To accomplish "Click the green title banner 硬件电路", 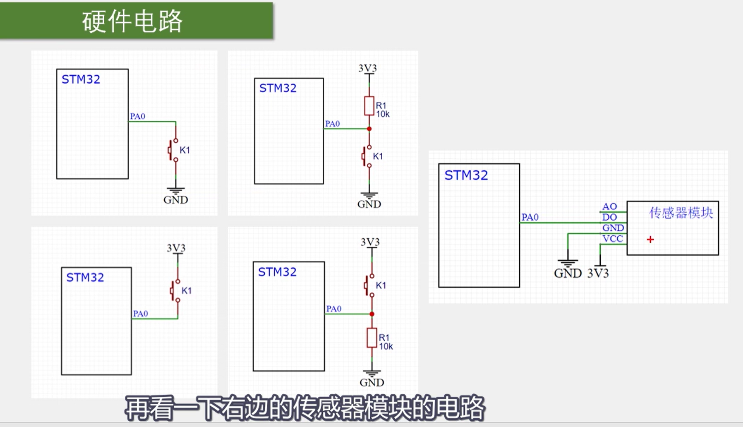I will (136, 21).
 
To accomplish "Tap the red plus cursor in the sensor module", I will (650, 240).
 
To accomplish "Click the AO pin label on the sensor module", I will (609, 206).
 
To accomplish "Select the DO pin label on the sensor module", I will (609, 217).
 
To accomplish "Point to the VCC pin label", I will (612, 239).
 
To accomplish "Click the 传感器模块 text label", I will (681, 213).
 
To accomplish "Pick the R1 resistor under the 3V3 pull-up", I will (369, 106).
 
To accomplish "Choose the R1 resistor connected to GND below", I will (371, 338).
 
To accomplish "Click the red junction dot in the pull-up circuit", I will (369, 129).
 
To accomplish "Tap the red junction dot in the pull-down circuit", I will (372, 314).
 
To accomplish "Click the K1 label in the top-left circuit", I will (185, 150).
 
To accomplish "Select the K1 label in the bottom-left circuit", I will (187, 291).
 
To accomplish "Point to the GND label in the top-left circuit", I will (175, 200).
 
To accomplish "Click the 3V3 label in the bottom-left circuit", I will (176, 248).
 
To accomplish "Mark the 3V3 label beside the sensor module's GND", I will (598, 273).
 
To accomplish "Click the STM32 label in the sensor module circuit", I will (466, 175).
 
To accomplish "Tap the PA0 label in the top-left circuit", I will (138, 116).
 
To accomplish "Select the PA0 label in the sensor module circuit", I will (530, 217).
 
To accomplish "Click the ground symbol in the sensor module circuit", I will (568, 263).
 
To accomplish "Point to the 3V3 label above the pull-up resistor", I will (367, 68).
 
